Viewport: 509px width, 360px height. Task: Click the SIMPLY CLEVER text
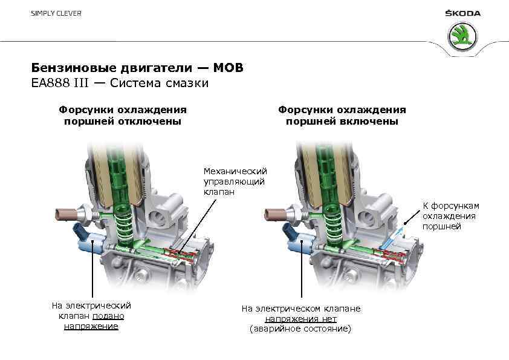tap(56, 13)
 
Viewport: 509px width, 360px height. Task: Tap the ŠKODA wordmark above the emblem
tap(463, 13)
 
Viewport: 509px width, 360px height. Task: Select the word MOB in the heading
tap(230, 68)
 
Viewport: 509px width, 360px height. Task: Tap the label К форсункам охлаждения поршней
tap(450, 216)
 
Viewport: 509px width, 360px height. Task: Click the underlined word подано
tap(109, 316)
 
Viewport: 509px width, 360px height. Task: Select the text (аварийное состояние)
tap(300, 329)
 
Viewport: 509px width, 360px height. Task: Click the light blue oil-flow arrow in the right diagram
tap(398, 233)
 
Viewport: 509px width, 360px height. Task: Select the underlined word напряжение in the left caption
tap(91, 327)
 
